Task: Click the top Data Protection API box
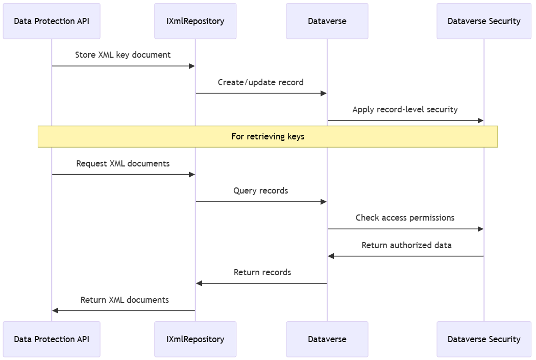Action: click(x=52, y=21)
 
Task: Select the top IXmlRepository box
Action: click(x=195, y=21)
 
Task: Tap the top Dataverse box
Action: click(x=327, y=21)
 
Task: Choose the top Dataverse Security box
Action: click(x=483, y=21)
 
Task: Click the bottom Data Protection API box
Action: click(x=52, y=339)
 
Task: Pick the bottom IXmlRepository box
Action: click(x=195, y=339)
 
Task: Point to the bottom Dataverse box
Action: click(x=327, y=339)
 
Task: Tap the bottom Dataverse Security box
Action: click(x=483, y=339)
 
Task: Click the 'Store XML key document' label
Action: click(x=123, y=55)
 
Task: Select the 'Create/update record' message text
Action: click(x=260, y=82)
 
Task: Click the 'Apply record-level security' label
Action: click(x=405, y=109)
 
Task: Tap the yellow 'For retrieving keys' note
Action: click(x=267, y=136)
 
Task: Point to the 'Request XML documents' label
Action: click(x=123, y=163)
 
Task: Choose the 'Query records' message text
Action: click(x=260, y=190)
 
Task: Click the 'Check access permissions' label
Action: click(x=405, y=218)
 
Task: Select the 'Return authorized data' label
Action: click(x=406, y=245)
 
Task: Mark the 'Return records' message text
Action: click(x=262, y=272)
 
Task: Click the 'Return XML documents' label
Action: click(x=125, y=300)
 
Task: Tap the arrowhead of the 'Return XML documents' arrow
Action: click(x=55, y=310)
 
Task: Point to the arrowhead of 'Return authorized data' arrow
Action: click(x=331, y=256)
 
